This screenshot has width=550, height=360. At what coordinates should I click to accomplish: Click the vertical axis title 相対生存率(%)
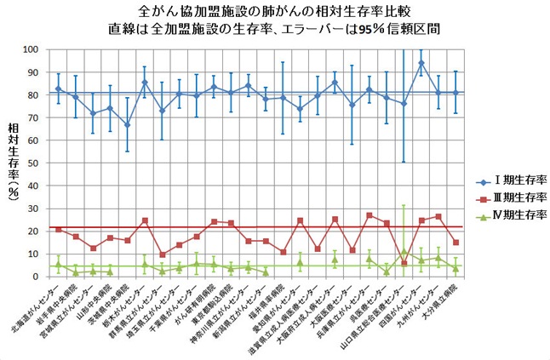coord(13,162)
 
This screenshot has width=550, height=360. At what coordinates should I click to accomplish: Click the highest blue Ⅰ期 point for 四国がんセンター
coord(421,63)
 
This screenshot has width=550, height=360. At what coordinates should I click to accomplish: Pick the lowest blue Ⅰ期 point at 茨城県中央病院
coord(128,124)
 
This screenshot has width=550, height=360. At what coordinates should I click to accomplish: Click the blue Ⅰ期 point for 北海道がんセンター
coord(58,89)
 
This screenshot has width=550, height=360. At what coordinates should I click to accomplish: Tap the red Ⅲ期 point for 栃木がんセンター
coord(145,220)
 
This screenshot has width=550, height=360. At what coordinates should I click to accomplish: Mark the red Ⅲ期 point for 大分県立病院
coord(455,243)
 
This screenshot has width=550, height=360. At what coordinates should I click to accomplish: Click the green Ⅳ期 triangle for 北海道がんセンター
coord(58,264)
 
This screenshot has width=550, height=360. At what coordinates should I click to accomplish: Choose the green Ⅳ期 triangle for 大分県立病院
coord(455,268)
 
